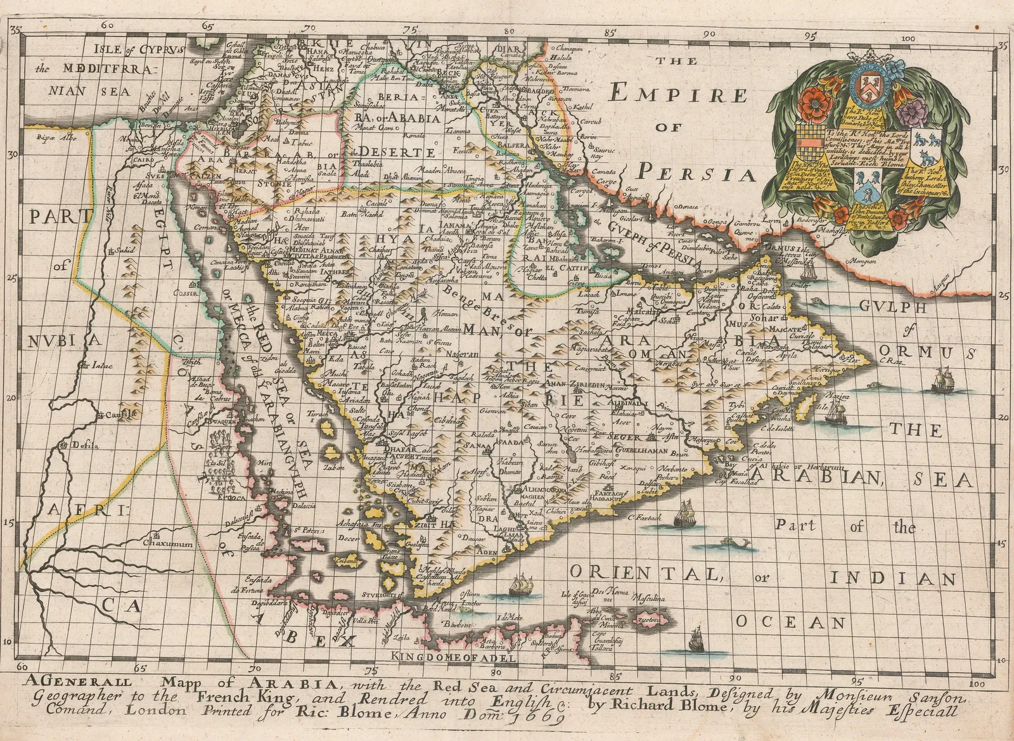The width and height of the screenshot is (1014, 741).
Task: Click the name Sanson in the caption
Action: click(x=935, y=699)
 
